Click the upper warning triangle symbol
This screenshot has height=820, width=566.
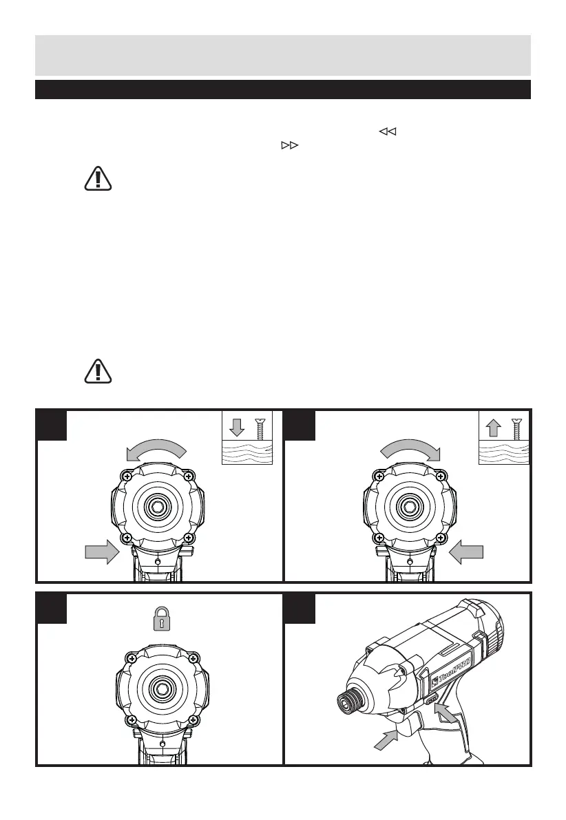[97, 178]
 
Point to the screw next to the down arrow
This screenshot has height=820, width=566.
[260, 430]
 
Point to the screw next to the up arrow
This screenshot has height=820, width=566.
[516, 430]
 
